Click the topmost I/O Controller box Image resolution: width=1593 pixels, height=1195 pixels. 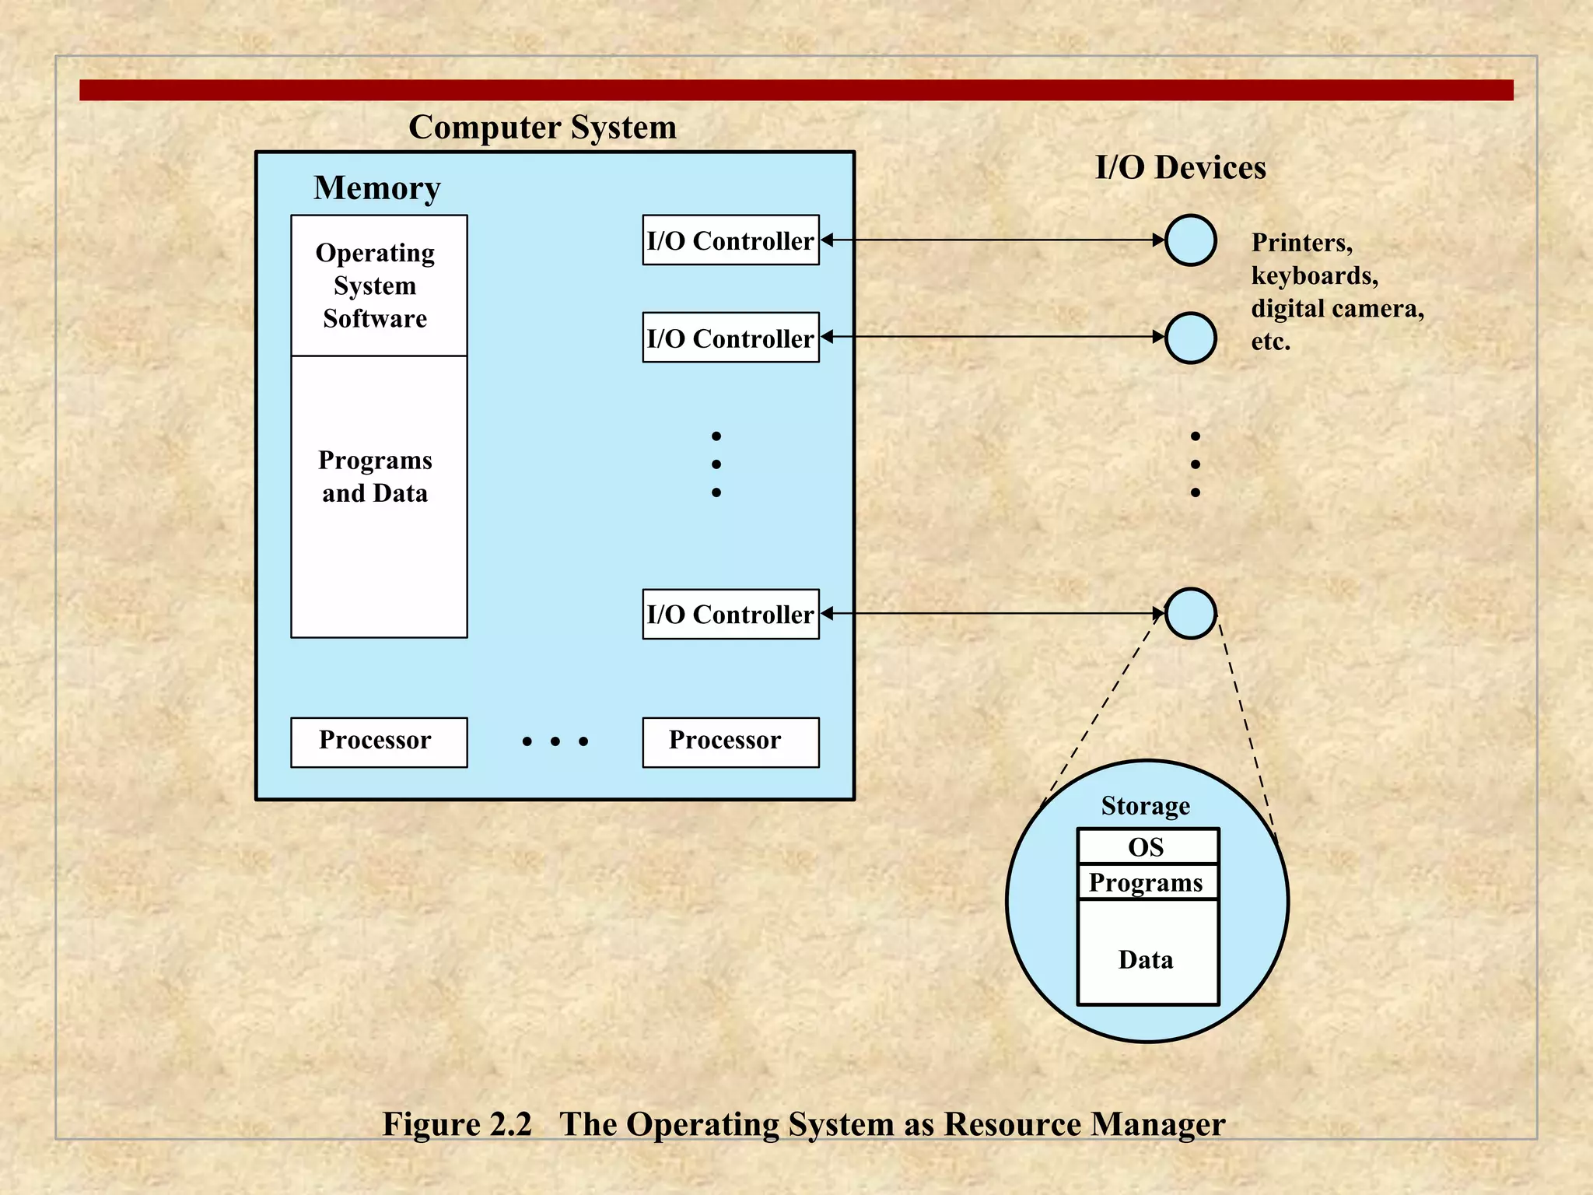click(730, 240)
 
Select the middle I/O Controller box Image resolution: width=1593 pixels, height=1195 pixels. click(730, 338)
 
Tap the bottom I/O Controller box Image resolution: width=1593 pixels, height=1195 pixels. click(730, 614)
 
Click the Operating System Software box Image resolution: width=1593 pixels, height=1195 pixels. click(379, 286)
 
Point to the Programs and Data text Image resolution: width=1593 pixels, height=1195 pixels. click(375, 476)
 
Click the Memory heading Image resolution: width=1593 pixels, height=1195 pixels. click(377, 187)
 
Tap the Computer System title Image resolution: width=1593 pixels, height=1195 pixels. click(542, 127)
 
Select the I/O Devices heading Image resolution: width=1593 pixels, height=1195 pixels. click(1180, 167)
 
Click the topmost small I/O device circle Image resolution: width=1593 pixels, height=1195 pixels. click(1190, 240)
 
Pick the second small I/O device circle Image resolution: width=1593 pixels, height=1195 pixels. click(1190, 338)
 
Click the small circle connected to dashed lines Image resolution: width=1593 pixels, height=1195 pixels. click(1190, 614)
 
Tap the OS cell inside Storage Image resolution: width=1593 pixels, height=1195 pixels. click(1147, 846)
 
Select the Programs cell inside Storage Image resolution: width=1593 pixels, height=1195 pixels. click(1147, 882)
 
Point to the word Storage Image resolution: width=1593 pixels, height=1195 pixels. click(1145, 806)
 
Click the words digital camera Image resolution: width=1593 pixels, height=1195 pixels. click(1336, 309)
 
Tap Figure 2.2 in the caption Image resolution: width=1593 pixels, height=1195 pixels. click(457, 1124)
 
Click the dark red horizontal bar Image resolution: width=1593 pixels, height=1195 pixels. click(796, 89)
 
